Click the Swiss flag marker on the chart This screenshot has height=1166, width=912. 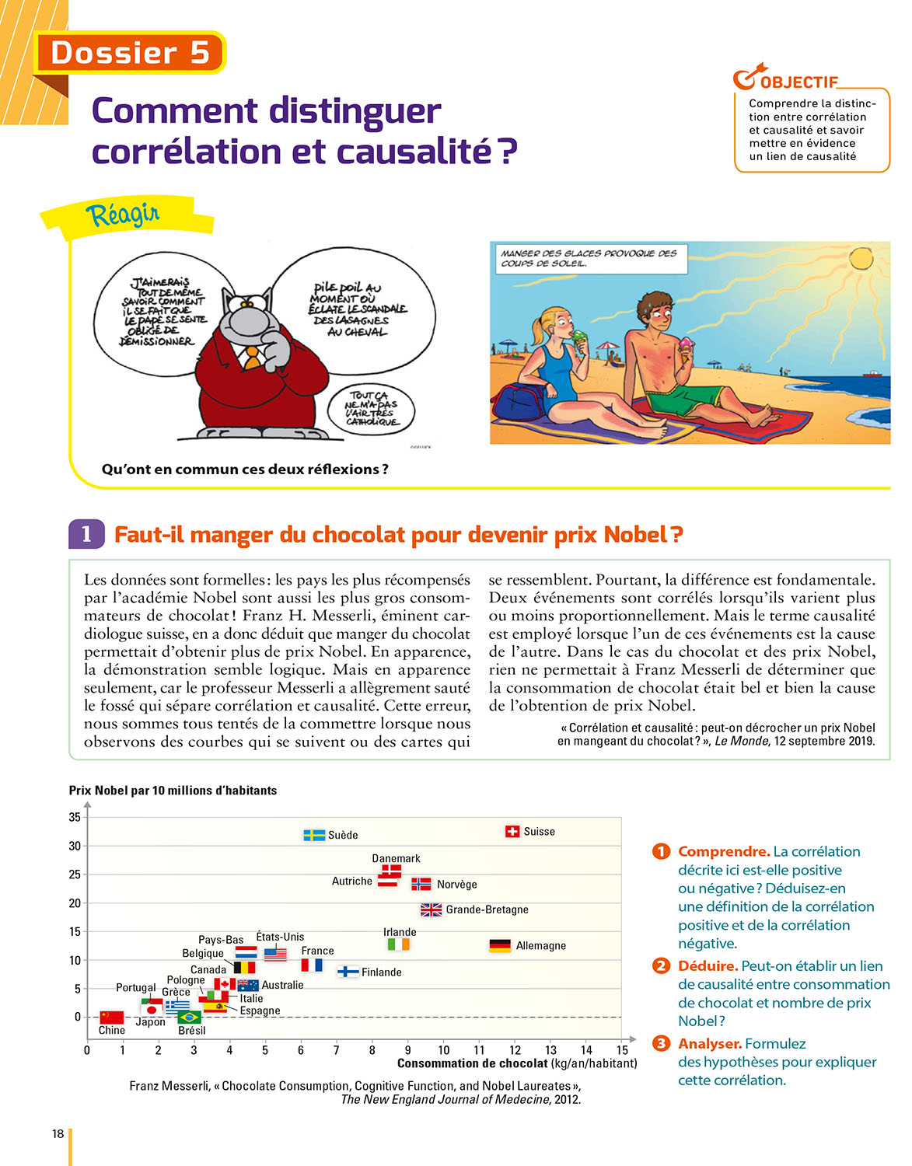(512, 832)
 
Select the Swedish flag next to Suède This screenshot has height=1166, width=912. (314, 836)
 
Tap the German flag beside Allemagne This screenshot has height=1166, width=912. (500, 946)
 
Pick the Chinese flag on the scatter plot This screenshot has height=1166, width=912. (112, 1017)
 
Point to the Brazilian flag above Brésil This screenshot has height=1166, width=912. (190, 1017)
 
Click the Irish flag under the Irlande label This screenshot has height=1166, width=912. (398, 944)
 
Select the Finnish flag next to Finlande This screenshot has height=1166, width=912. (348, 972)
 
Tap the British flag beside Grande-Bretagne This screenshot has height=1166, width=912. (432, 909)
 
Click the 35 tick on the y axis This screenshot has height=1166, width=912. (75, 817)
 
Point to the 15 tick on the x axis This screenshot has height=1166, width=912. (622, 1050)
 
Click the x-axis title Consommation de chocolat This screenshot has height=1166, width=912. (472, 1063)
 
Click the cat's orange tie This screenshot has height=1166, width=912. (252, 358)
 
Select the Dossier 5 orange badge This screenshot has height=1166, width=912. (130, 53)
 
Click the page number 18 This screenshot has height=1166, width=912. (58, 1134)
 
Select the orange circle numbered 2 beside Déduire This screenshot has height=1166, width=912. (661, 966)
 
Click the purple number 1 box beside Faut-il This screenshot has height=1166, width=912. (86, 534)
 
